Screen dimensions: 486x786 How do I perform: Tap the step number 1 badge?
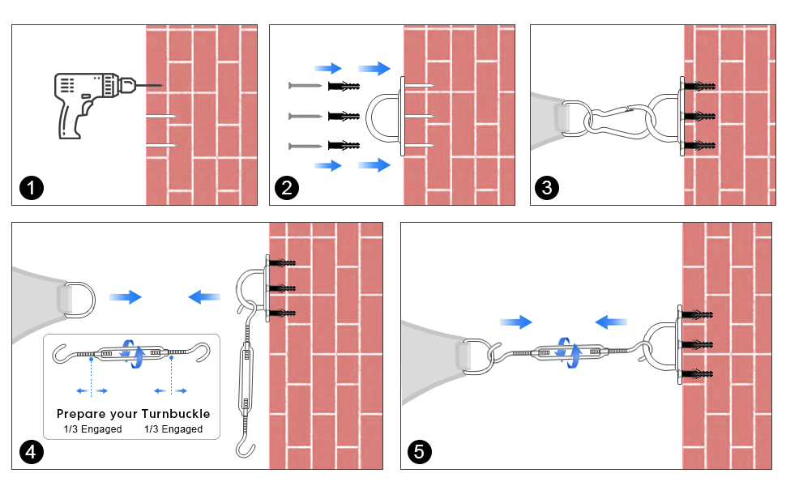[31, 190]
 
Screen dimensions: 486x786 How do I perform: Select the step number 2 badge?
[287, 190]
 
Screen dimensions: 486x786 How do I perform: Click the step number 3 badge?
[548, 190]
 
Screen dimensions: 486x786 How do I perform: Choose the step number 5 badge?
[419, 452]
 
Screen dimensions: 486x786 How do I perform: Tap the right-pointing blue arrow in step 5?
[515, 322]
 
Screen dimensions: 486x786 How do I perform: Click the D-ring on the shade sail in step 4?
[76, 299]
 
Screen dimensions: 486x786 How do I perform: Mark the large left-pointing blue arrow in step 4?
[204, 297]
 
